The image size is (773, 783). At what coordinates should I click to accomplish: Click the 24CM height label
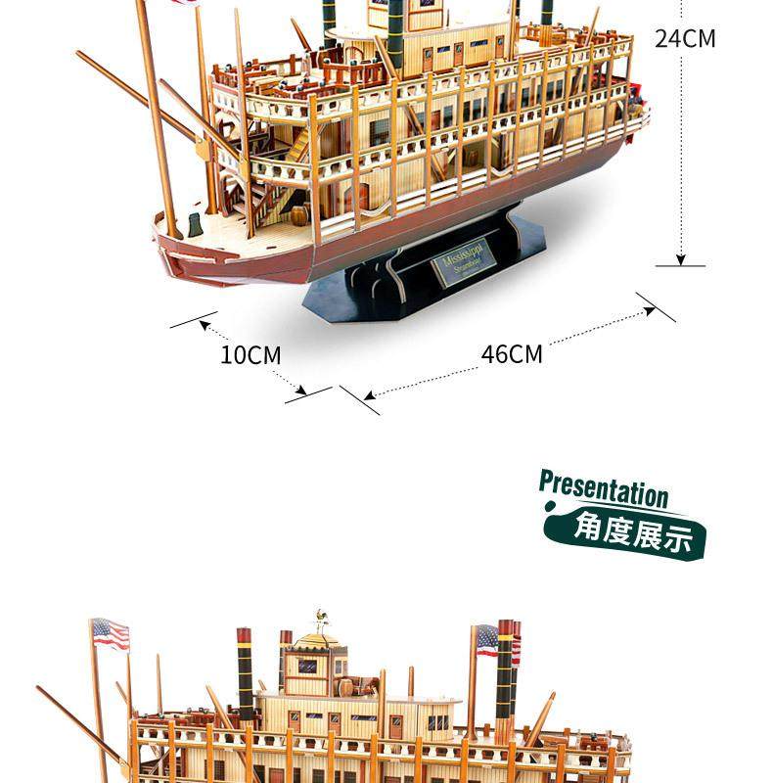click(x=685, y=38)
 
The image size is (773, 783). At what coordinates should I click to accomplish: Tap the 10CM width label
click(x=250, y=354)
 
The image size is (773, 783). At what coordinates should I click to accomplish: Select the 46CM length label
click(x=511, y=353)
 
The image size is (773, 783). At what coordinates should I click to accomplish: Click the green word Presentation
click(x=603, y=486)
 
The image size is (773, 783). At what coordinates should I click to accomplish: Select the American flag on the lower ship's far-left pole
click(x=111, y=634)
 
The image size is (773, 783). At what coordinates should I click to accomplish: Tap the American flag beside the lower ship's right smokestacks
click(x=486, y=640)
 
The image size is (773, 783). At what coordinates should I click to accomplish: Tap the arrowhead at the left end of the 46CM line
click(x=370, y=396)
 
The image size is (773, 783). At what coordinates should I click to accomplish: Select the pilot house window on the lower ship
click(x=307, y=667)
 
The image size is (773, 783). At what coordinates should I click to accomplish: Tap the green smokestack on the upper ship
click(x=395, y=34)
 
